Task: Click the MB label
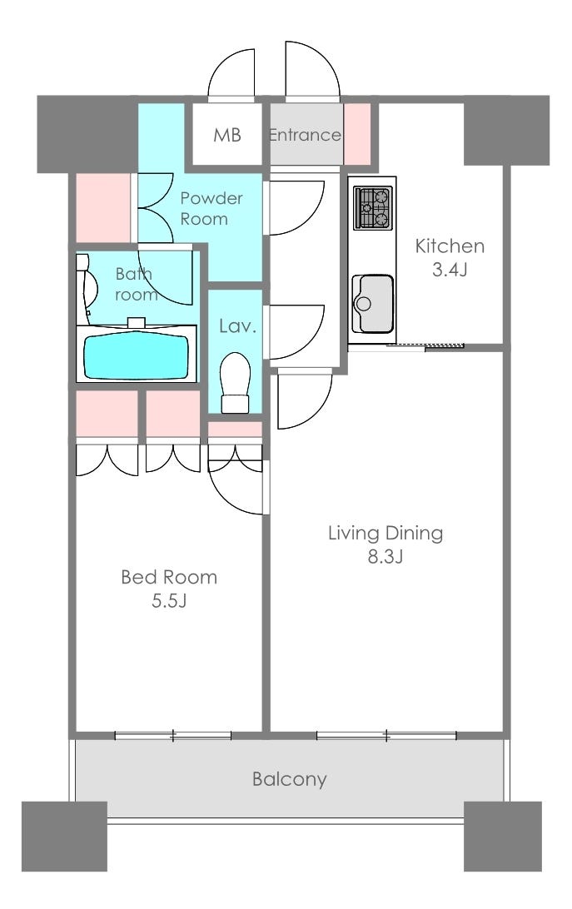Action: pos(226,135)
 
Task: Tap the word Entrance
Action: pos(305,135)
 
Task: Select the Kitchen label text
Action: pos(450,246)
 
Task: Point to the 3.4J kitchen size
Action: pos(450,269)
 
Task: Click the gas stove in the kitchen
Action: pos(372,207)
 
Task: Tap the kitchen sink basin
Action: pos(372,304)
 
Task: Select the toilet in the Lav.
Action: pos(235,383)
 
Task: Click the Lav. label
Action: pos(238,325)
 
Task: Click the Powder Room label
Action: pos(211,209)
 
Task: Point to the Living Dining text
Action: pos(385,533)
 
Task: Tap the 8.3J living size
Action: pos(385,557)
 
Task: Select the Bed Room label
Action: pos(169,577)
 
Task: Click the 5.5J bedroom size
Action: pos(169,601)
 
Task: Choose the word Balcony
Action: pos(290,779)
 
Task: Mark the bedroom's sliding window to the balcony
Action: pos(173,736)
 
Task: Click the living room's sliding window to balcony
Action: pos(386,736)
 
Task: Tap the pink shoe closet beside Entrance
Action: pos(357,135)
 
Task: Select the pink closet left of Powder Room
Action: pos(103,207)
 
